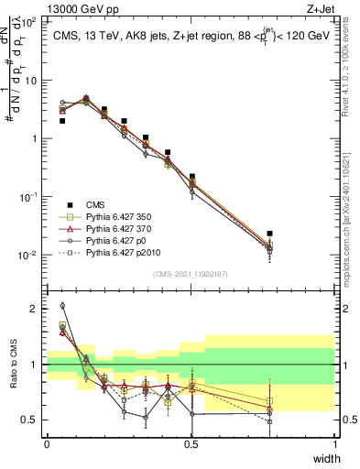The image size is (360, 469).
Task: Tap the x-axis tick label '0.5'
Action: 191,444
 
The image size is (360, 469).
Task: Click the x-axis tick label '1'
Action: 334,444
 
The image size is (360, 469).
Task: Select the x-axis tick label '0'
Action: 47,444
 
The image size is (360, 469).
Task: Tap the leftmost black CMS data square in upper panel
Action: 62,120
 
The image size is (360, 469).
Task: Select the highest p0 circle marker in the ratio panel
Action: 62,306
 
